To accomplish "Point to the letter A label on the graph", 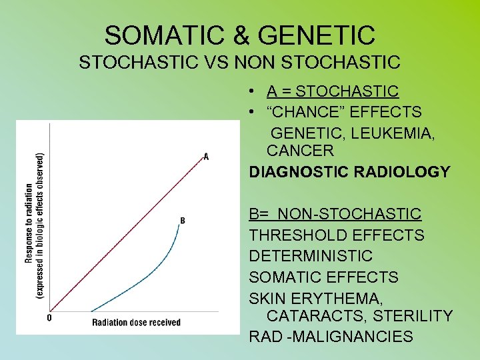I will click(x=206, y=157).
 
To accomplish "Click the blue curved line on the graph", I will click(x=147, y=280).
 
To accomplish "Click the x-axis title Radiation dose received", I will click(x=136, y=323).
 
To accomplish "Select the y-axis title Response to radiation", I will click(x=30, y=223).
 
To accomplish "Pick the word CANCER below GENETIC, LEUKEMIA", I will click(x=300, y=151).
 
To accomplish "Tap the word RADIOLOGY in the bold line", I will click(x=408, y=172).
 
